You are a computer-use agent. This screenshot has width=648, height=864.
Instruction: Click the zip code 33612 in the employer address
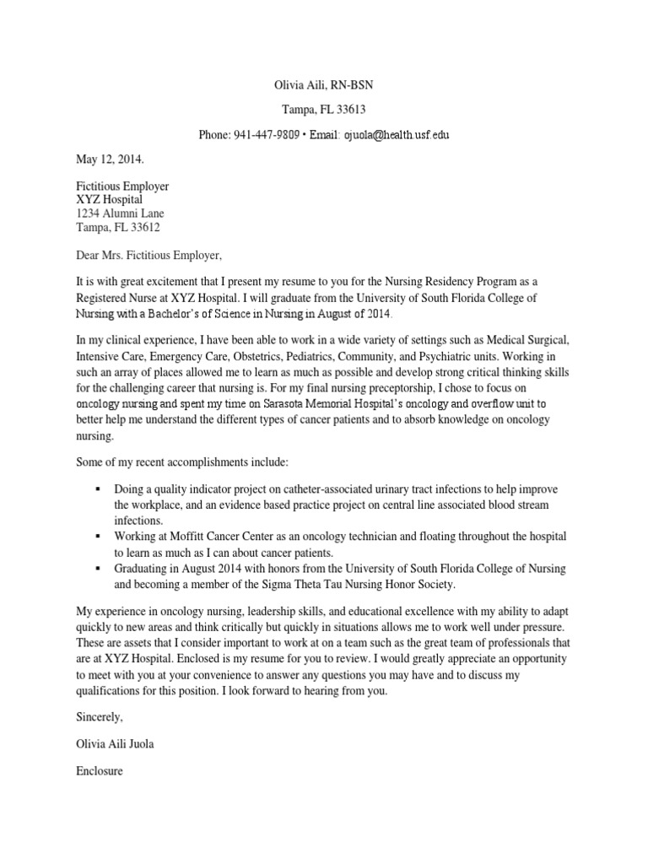(x=143, y=228)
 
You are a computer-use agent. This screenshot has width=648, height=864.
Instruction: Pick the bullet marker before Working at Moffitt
(x=99, y=537)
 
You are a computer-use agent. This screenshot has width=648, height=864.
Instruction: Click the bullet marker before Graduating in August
(x=99, y=568)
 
